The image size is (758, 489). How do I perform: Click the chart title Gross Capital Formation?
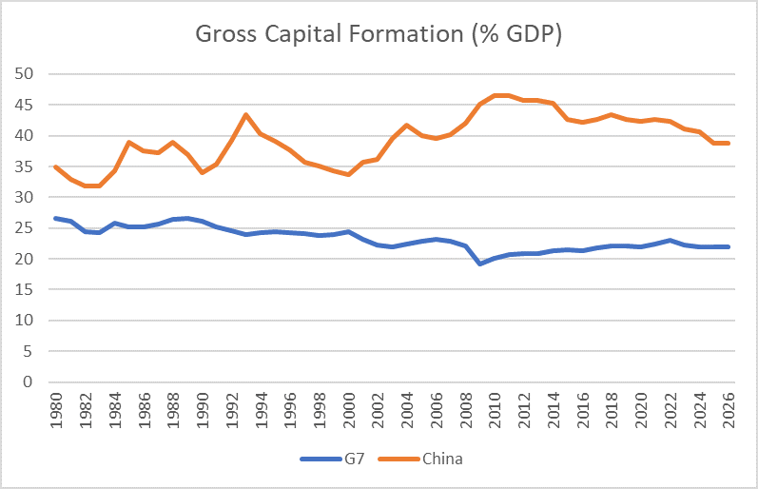(x=379, y=35)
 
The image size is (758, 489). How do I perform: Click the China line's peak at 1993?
(x=246, y=115)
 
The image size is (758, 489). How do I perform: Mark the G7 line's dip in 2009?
(x=480, y=264)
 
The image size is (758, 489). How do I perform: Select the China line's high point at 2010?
(x=496, y=95)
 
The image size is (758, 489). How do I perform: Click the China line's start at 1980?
(x=56, y=166)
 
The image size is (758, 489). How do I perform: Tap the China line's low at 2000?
(x=349, y=174)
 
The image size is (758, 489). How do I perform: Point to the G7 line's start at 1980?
(x=56, y=219)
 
